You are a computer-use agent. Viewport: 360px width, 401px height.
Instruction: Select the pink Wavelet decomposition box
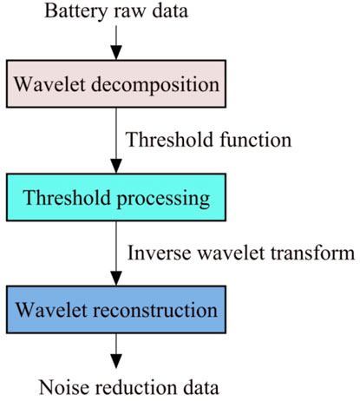click(116, 83)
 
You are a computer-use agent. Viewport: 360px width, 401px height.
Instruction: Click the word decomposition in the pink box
click(155, 86)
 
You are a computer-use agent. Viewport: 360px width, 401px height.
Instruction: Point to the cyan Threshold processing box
click(116, 197)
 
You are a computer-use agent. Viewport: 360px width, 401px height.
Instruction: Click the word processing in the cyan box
click(163, 200)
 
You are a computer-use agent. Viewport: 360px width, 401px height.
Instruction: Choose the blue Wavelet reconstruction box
click(116, 309)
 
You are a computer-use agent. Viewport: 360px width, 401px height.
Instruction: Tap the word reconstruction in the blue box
click(155, 310)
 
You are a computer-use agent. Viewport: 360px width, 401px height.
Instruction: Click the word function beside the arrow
click(255, 140)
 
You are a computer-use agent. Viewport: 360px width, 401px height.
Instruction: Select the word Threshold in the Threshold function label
click(170, 140)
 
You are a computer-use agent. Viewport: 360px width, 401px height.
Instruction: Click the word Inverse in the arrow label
click(160, 253)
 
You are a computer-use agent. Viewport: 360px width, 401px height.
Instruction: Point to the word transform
click(312, 253)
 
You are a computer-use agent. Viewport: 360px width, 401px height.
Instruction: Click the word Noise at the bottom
click(64, 387)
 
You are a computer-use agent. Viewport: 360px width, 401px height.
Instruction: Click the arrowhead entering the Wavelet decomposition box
click(116, 53)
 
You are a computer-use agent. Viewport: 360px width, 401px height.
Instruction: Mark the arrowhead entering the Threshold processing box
click(116, 167)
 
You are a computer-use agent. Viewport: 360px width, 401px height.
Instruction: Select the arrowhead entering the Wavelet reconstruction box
click(116, 279)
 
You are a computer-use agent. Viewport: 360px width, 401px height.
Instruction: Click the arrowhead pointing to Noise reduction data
click(116, 361)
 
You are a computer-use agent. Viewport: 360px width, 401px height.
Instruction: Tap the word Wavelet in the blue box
click(51, 310)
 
